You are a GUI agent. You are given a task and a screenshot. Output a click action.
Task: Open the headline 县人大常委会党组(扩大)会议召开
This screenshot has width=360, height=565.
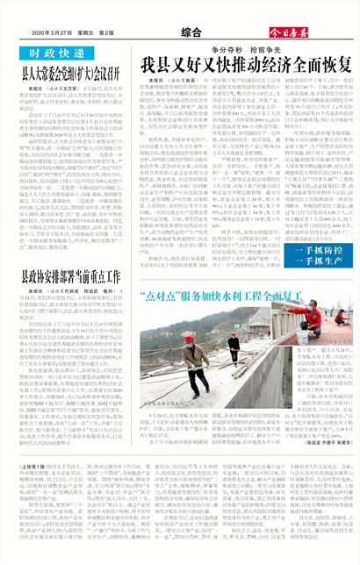70,75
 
